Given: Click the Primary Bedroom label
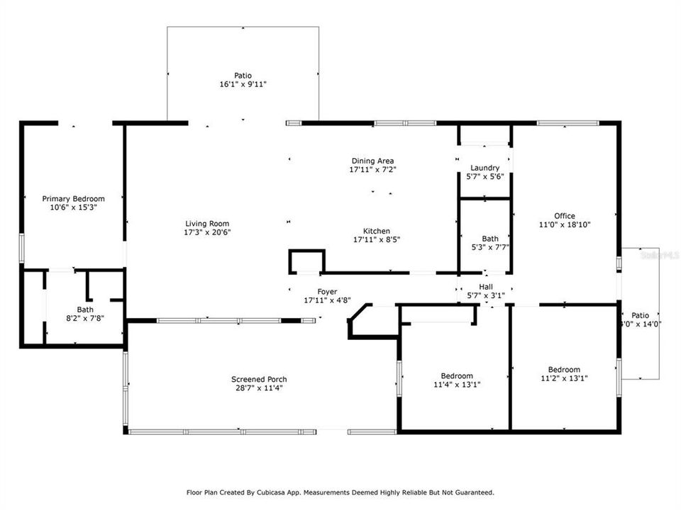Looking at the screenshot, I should click(x=73, y=199).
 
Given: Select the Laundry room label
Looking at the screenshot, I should click(x=485, y=168).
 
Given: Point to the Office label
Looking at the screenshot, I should click(x=565, y=216).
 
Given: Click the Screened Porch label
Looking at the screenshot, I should click(x=259, y=379).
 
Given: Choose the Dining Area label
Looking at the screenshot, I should click(x=372, y=161).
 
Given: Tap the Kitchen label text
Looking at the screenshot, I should click(x=377, y=231).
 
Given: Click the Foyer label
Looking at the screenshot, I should click(x=327, y=292).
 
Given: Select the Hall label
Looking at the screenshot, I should click(x=486, y=287).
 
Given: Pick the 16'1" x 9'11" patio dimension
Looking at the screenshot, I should click(x=243, y=84).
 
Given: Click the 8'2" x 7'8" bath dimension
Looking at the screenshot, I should click(x=85, y=319).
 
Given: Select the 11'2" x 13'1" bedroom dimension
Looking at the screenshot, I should click(x=563, y=378).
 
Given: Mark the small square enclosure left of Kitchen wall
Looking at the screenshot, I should click(x=306, y=261).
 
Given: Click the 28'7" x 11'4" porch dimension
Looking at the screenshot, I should click(x=259, y=388).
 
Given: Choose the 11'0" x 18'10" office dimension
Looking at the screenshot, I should click(x=565, y=225).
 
